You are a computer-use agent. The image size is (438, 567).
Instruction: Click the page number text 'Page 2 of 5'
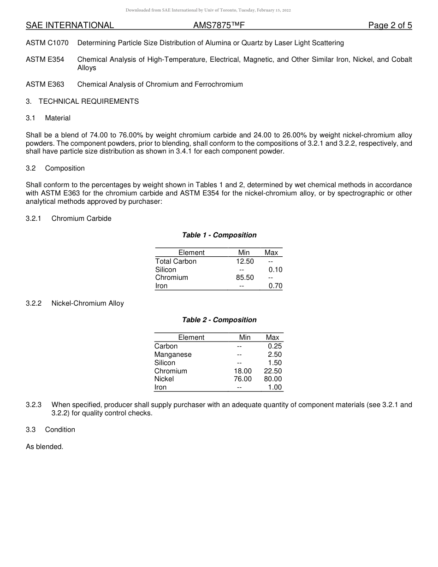[x=390, y=26]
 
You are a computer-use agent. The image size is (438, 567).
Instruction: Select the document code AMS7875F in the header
[x=219, y=26]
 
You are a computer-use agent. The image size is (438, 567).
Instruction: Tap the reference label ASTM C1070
[x=47, y=43]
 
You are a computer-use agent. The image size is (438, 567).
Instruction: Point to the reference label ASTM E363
[x=45, y=84]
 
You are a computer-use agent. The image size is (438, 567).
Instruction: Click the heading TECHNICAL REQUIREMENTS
[x=89, y=101]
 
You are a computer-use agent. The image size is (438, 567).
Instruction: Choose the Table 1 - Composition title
[x=219, y=235]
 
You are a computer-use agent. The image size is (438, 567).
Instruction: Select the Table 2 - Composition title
[x=219, y=320]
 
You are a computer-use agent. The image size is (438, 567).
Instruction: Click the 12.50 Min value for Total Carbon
[x=245, y=261]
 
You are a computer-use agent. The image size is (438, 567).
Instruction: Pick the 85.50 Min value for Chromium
[x=245, y=278]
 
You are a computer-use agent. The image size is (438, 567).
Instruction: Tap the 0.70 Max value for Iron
[x=275, y=286]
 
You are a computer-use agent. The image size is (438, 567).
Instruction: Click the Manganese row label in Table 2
[x=173, y=354]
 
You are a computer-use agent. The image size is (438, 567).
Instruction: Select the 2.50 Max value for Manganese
[x=275, y=354]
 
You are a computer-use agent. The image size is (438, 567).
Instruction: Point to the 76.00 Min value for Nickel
[x=243, y=379]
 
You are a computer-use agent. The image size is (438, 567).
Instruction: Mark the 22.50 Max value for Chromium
[x=273, y=371]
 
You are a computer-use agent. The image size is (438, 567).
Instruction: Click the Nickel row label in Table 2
[x=164, y=379]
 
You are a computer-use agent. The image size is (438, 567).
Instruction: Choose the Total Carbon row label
[x=176, y=261]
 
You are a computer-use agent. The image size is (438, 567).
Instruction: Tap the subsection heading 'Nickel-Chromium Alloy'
[x=88, y=303]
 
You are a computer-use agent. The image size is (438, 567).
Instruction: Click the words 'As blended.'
[x=44, y=447]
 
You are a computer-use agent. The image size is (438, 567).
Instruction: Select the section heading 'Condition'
[x=60, y=430]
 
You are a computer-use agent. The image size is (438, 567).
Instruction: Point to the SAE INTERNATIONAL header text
[x=70, y=26]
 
